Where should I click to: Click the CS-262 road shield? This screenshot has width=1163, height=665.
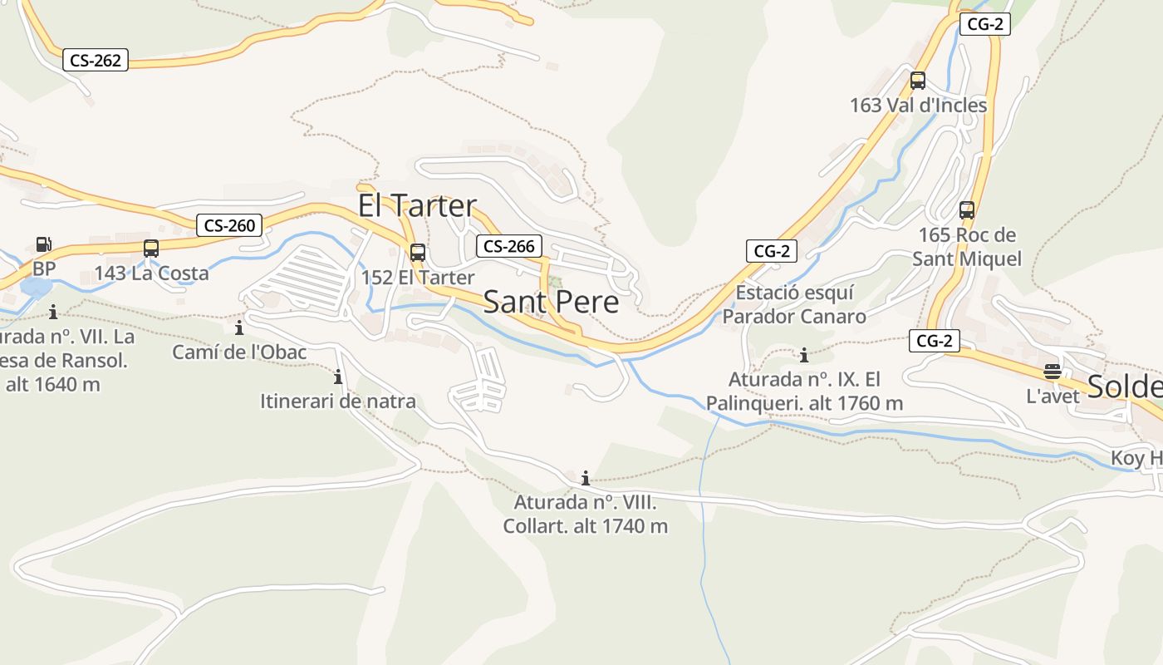pyautogui.click(x=96, y=60)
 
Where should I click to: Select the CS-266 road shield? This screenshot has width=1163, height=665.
pyautogui.click(x=509, y=246)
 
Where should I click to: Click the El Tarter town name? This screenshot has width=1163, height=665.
pyautogui.click(x=417, y=205)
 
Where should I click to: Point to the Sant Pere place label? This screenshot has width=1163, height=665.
pyautogui.click(x=551, y=302)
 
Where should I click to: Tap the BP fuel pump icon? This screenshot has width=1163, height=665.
pyautogui.click(x=43, y=244)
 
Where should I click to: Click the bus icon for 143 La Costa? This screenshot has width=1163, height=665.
pyautogui.click(x=150, y=248)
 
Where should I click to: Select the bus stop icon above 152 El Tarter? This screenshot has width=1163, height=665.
pyautogui.click(x=417, y=252)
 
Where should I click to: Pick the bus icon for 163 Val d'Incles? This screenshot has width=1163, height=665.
pyautogui.click(x=917, y=81)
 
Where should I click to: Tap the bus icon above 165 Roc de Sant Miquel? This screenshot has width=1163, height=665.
pyautogui.click(x=966, y=209)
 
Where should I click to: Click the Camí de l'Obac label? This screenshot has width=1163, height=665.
pyautogui.click(x=239, y=352)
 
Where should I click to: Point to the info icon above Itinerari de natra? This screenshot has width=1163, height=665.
pyautogui.click(x=338, y=377)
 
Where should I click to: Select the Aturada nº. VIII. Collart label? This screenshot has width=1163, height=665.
pyautogui.click(x=585, y=514)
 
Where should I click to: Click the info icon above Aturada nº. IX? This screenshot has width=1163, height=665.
pyautogui.click(x=803, y=356)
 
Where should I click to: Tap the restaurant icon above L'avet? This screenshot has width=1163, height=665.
pyautogui.click(x=1053, y=371)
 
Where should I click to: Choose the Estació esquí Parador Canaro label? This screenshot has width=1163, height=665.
pyautogui.click(x=794, y=304)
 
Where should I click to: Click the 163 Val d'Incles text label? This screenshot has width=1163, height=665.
pyautogui.click(x=918, y=106)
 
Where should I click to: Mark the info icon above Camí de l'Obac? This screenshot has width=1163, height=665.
pyautogui.click(x=239, y=328)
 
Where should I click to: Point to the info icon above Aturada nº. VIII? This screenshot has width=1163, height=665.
pyautogui.click(x=586, y=478)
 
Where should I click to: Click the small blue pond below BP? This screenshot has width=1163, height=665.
pyautogui.click(x=34, y=288)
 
